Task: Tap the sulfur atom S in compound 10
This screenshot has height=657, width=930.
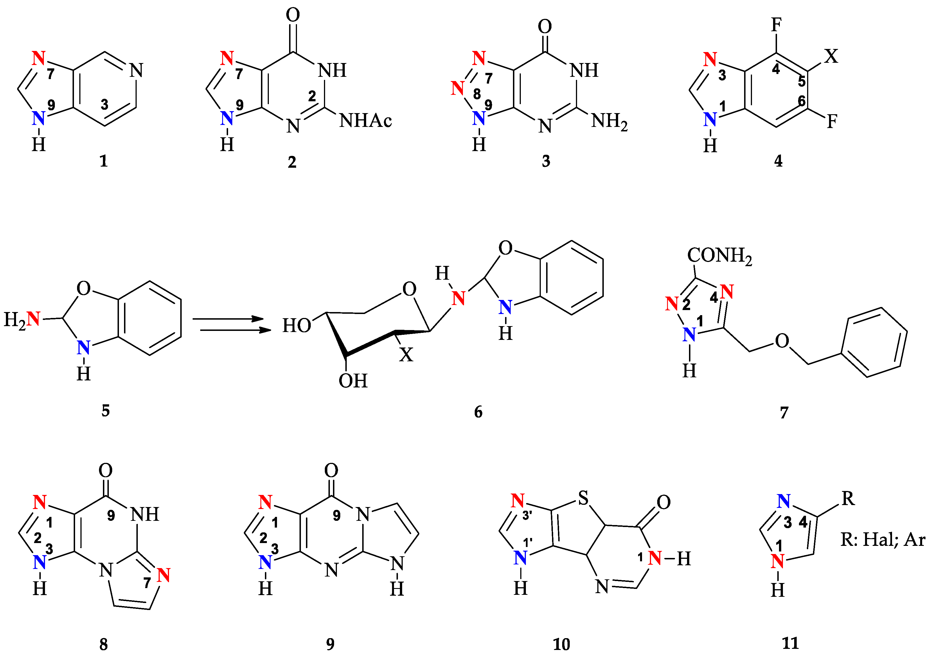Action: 583,498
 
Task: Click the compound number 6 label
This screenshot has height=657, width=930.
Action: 478,412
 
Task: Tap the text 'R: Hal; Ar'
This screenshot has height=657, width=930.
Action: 883,539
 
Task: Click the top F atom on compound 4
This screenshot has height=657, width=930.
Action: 776,25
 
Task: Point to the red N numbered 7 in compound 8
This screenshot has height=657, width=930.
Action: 164,575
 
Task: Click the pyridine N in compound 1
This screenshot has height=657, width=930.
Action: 136,71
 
